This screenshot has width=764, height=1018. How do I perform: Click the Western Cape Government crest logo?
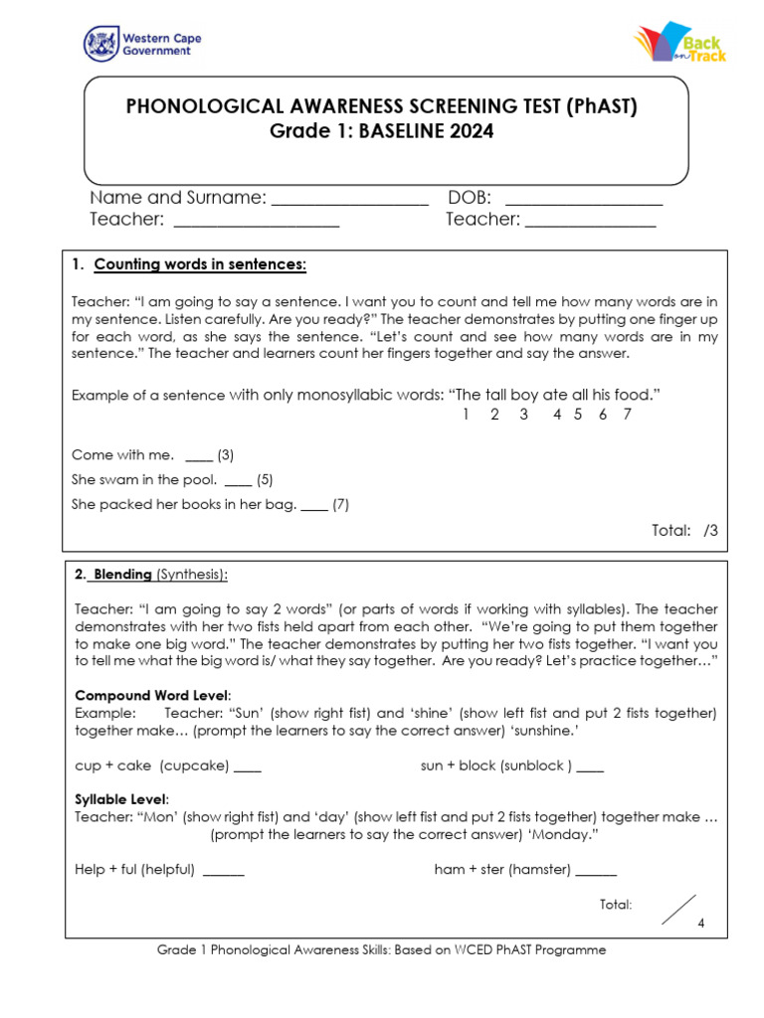(x=100, y=44)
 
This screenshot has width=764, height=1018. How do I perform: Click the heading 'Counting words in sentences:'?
(x=200, y=264)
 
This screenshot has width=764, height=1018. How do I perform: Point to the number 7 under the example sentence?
(x=627, y=415)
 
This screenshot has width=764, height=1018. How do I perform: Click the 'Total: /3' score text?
(x=684, y=531)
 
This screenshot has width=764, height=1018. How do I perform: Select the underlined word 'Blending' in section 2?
(x=122, y=575)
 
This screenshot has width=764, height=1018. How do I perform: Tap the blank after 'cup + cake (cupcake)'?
(x=249, y=767)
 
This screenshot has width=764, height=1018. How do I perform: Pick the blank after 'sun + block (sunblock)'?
(x=590, y=767)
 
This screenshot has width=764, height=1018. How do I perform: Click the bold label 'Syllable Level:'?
(x=122, y=799)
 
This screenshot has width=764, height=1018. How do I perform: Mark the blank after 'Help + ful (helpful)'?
(x=224, y=872)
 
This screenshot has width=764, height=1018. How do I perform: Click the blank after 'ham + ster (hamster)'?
(x=596, y=872)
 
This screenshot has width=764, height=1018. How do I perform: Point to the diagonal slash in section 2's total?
(x=678, y=910)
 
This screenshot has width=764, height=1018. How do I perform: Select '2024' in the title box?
(x=469, y=131)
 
